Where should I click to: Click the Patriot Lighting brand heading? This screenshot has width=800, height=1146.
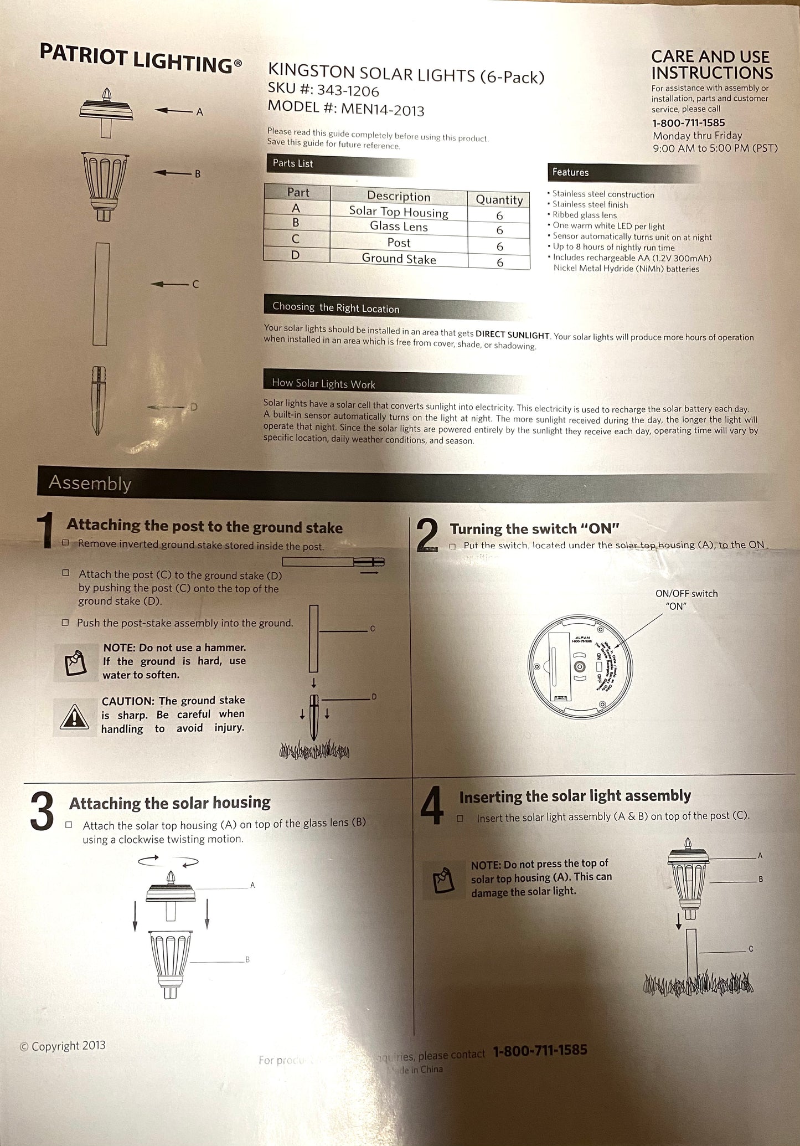140,59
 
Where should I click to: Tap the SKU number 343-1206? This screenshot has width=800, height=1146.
348,90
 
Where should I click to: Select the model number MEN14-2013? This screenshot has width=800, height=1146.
383,109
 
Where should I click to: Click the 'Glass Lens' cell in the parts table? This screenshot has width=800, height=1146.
399,227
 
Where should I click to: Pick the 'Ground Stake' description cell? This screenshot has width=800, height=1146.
399,259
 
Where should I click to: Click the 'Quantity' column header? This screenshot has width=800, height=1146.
499,199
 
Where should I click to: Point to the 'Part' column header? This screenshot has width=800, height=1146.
298,192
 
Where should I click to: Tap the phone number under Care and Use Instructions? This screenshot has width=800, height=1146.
688,123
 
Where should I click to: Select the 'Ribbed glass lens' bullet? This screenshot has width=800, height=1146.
584,215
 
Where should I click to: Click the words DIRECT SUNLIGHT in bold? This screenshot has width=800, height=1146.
512,335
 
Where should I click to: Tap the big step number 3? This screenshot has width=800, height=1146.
42,811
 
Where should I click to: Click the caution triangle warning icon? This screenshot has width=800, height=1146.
74,717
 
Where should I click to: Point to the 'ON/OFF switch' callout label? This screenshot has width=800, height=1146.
686,594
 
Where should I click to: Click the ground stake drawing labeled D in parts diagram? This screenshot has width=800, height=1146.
98,400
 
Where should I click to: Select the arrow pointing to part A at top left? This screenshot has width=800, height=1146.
173,111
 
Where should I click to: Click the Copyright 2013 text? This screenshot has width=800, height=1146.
63,1046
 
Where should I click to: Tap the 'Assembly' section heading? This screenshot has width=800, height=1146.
90,483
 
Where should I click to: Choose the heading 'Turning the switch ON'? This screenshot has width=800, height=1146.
534,528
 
